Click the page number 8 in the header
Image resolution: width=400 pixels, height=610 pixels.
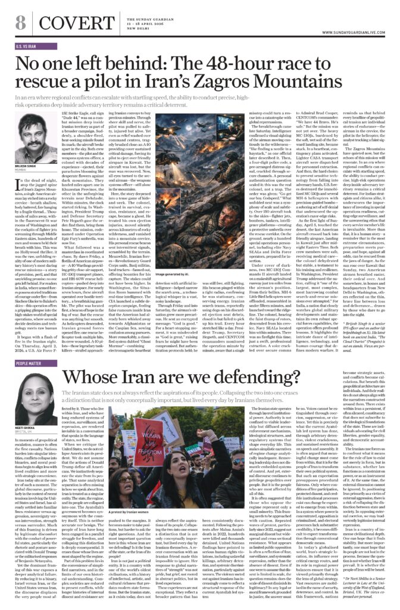pyautogui.click(x=20, y=24)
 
